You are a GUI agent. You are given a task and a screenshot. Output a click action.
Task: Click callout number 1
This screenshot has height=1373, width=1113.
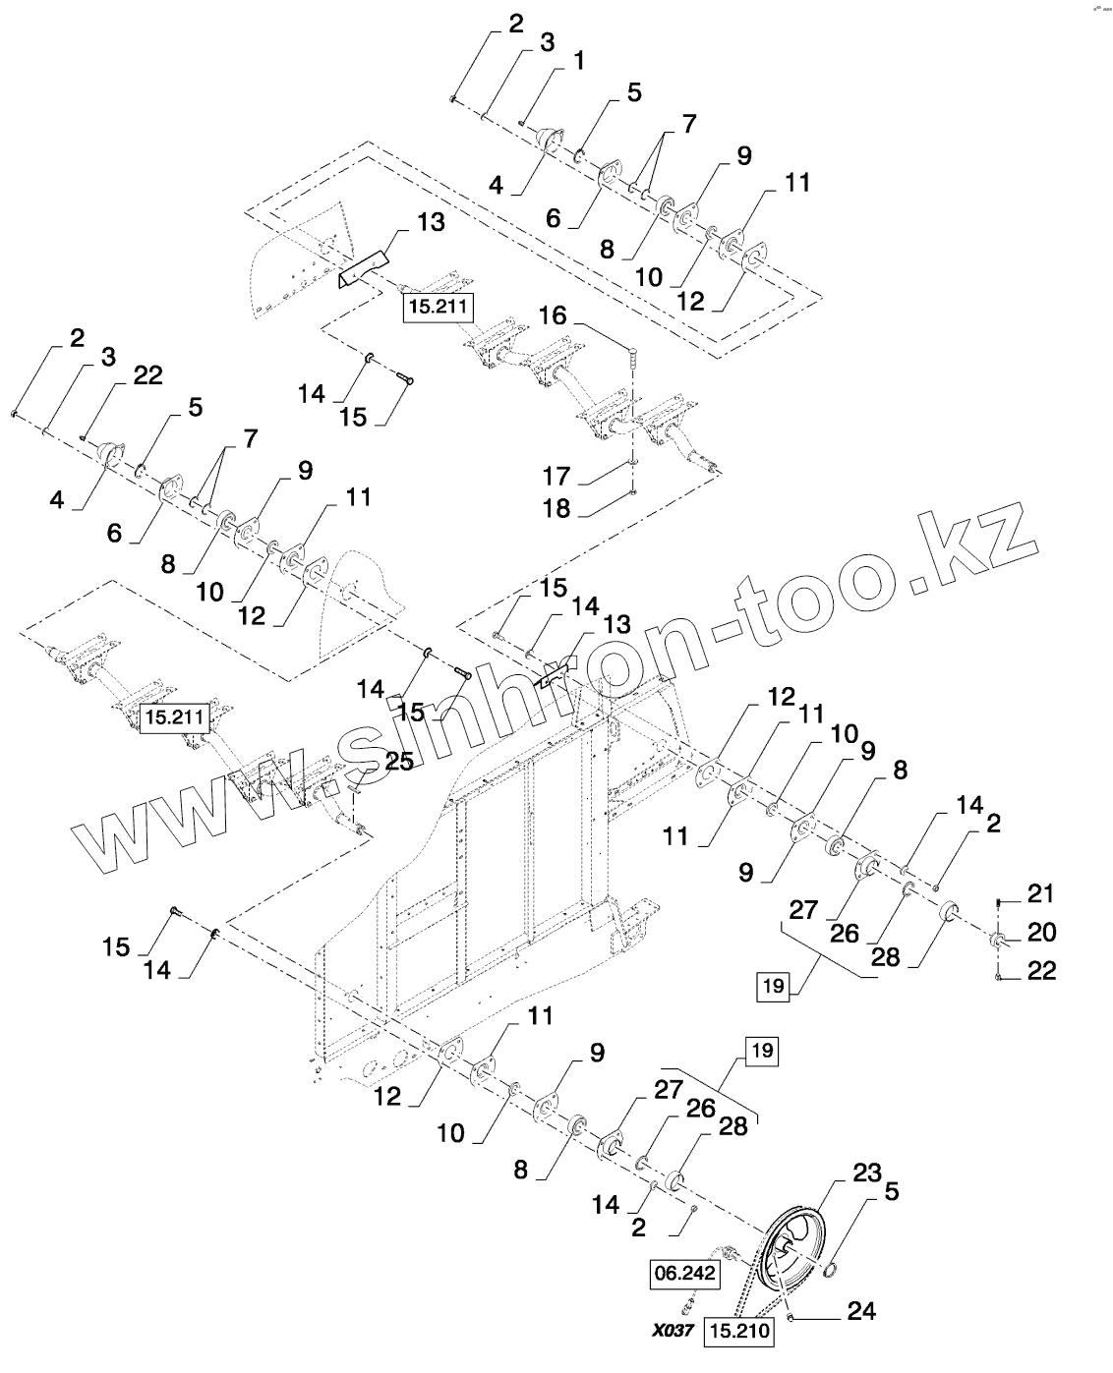[x=577, y=61]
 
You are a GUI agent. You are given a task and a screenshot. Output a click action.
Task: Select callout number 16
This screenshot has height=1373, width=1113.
[x=553, y=315]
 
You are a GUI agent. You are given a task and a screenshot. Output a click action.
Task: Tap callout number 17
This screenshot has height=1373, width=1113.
[x=557, y=477]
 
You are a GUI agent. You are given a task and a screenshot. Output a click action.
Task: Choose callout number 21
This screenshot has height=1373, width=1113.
[x=1040, y=893]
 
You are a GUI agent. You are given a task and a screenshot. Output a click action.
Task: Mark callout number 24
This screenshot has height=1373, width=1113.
[x=861, y=1310]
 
